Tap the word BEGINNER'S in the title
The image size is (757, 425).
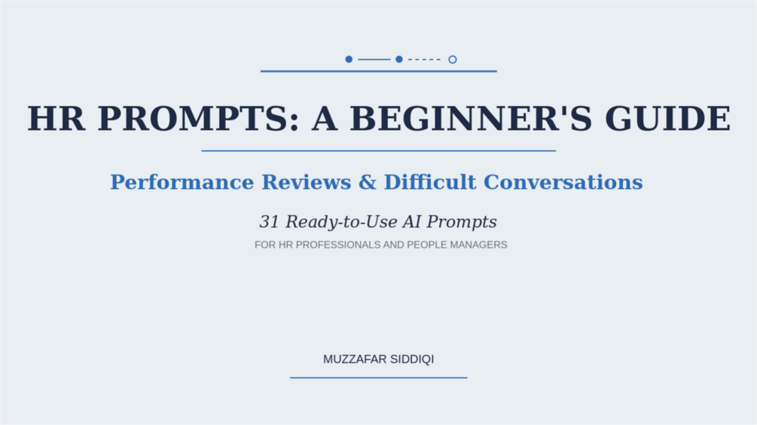tap(471, 119)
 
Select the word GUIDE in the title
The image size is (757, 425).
tap(667, 119)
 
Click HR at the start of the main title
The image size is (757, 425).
tap(56, 119)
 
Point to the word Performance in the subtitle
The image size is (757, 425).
tap(182, 182)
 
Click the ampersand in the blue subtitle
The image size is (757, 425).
tap(368, 182)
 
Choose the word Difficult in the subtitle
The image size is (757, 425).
tap(430, 182)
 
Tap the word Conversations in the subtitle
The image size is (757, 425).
tap(563, 182)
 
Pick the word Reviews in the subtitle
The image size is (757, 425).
tap(307, 182)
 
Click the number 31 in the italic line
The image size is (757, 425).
tap(270, 222)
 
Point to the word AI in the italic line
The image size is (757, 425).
tap(411, 222)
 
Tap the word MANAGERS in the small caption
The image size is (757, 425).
tap(478, 244)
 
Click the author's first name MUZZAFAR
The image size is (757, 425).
tap(355, 360)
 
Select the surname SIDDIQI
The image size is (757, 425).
tap(412, 360)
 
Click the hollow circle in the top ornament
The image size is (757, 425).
tap(453, 59)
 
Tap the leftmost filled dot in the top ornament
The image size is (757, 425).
tap(349, 59)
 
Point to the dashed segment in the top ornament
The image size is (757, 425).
tap(424, 59)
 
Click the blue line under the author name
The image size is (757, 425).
tap(378, 378)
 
